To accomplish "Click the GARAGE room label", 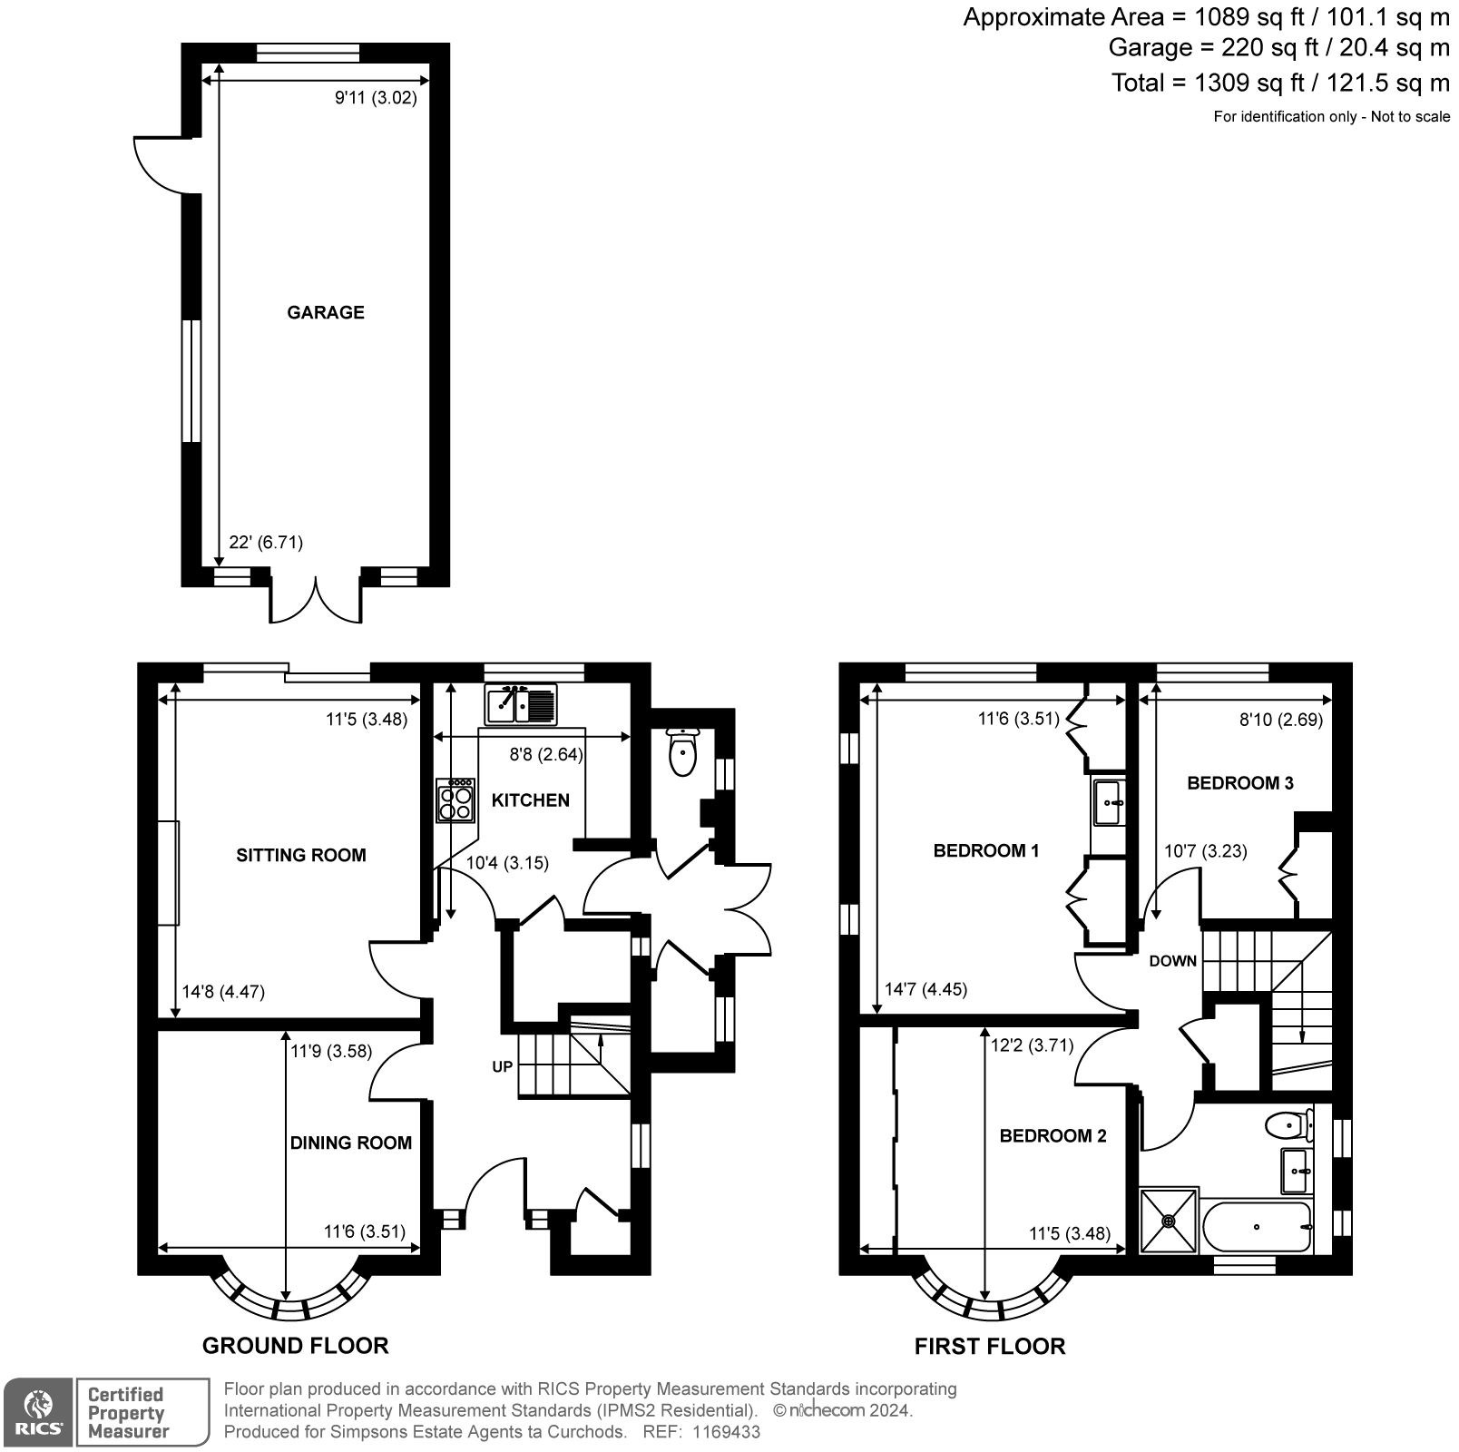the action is pyautogui.click(x=326, y=312).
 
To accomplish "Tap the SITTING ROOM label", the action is pyautogui.click(x=301, y=855).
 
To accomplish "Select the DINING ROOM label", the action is pyautogui.click(x=351, y=1143).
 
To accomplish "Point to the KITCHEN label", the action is pyautogui.click(x=531, y=800).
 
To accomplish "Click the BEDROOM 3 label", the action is pyautogui.click(x=1240, y=783).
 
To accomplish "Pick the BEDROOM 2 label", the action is pyautogui.click(x=1053, y=1136).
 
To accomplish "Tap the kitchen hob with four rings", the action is pyautogui.click(x=455, y=800).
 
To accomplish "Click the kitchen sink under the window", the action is pyautogui.click(x=522, y=705).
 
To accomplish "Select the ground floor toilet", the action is pyautogui.click(x=681, y=751).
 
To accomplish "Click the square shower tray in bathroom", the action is pyautogui.click(x=1169, y=1221).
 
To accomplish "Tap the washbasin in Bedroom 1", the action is pyautogui.click(x=1109, y=802).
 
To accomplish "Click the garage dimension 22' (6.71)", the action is pyautogui.click(x=266, y=543).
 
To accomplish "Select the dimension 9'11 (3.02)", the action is pyautogui.click(x=377, y=98).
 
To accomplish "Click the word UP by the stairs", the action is pyautogui.click(x=503, y=1067).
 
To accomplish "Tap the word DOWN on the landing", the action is pyautogui.click(x=1173, y=961).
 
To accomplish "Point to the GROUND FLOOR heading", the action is pyautogui.click(x=295, y=1345).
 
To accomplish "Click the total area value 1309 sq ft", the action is pyautogui.click(x=1249, y=83).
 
